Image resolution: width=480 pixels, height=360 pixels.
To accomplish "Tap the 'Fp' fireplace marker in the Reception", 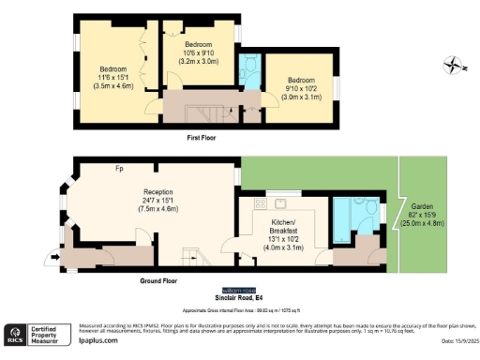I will (119, 169).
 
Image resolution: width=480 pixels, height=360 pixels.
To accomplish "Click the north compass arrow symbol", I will (454, 65).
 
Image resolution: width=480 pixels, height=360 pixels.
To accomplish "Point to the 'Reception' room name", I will (146, 190).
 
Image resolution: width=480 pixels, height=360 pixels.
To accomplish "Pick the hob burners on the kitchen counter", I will (278, 205).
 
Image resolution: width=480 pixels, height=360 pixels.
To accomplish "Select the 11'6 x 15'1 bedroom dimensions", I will (114, 77).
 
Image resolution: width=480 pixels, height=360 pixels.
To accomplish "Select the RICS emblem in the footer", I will (16, 335).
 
